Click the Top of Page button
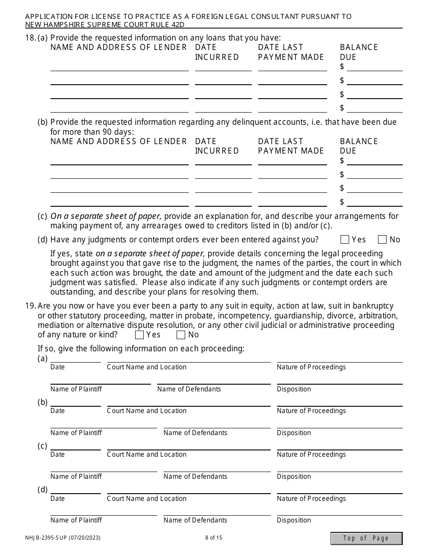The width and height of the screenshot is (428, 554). [366, 538]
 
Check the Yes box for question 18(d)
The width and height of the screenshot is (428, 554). [345, 240]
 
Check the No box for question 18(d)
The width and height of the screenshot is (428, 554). [382, 240]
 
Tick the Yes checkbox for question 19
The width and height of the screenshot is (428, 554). [140, 335]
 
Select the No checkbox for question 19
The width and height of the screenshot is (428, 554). [181, 335]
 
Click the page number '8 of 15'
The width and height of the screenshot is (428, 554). [214, 537]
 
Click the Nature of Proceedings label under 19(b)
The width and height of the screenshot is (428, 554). [311, 411]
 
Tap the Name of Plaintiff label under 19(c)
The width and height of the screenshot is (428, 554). [76, 477]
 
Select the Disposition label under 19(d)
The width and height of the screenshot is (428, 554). [294, 520]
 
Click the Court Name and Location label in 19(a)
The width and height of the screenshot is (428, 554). [146, 367]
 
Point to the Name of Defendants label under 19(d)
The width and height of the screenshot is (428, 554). [195, 520]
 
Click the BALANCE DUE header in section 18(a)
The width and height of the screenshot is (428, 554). [359, 52]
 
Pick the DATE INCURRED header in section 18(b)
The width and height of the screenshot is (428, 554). [217, 146]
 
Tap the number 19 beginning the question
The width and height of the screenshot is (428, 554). [30, 306]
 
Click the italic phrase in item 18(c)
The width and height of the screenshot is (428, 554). [105, 216]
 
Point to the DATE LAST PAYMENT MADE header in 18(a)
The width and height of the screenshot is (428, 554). [291, 52]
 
